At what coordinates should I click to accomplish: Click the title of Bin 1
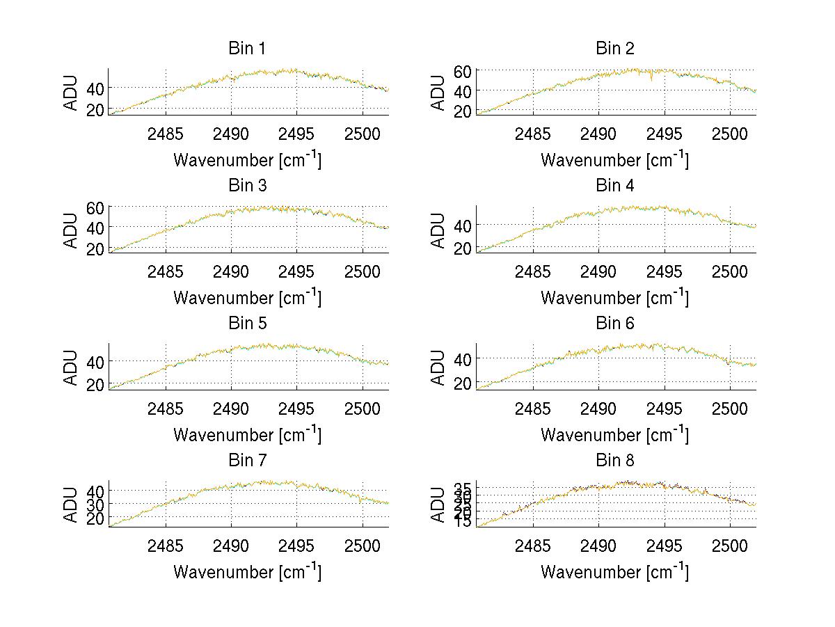click(247, 49)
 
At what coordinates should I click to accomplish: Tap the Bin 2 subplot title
click(615, 49)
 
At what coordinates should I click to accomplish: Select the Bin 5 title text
click(247, 324)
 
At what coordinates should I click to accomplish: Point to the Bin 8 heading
click(615, 461)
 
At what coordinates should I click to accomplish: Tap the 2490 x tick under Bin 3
click(231, 271)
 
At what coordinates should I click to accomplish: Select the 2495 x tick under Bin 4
click(665, 271)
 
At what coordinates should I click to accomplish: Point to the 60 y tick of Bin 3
click(96, 208)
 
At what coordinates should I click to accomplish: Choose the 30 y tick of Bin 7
click(96, 504)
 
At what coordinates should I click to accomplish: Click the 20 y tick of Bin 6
click(463, 383)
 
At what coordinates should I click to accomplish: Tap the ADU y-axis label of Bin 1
click(71, 92)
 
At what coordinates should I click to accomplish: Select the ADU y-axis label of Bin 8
click(438, 504)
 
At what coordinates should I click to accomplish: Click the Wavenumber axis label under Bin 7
click(247, 571)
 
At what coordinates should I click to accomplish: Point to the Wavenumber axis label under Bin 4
click(615, 296)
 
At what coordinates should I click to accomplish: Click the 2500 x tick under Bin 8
click(730, 545)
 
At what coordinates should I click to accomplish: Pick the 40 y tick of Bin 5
click(96, 361)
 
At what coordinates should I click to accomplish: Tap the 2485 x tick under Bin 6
click(533, 408)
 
